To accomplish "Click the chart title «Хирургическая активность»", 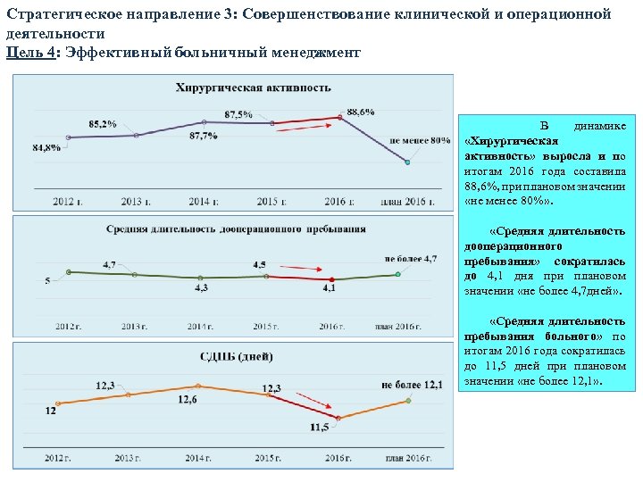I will [254, 87].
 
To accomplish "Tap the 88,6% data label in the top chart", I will [360, 112].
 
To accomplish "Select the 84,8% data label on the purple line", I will [46, 147].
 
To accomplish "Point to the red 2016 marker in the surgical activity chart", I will [340, 117].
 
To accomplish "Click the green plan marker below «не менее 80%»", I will [406, 162].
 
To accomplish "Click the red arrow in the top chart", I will [304, 128].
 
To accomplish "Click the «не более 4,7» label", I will [410, 258].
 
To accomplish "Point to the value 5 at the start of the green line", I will [47, 281].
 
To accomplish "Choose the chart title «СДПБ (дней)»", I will [237, 356].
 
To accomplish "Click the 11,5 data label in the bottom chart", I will [319, 428].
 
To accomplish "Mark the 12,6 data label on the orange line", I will [188, 400].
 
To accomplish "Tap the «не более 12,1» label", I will [412, 385].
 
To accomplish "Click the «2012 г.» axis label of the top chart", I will [66, 202].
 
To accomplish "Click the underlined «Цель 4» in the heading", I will [29, 53].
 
